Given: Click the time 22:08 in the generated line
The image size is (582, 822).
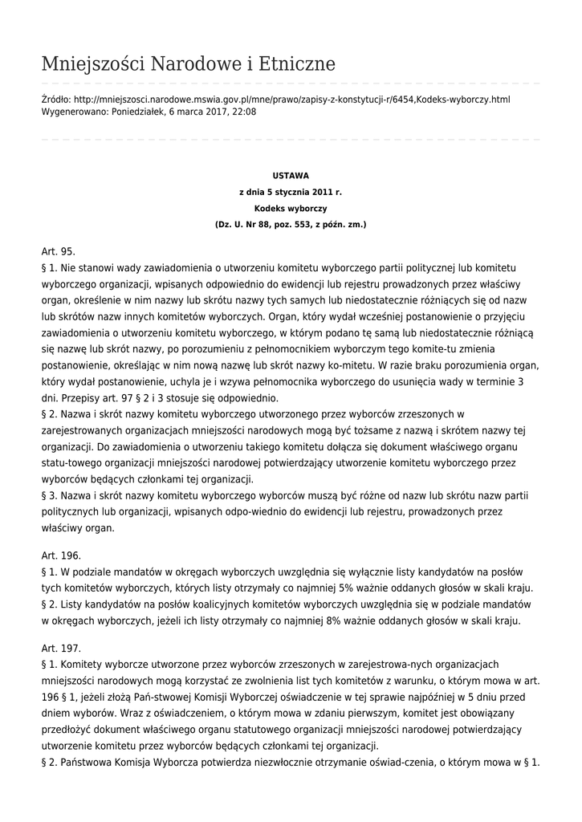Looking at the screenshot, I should [243, 112].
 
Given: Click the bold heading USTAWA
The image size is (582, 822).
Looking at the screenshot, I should [291, 175].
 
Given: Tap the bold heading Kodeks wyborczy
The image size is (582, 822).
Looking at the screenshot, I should [291, 208].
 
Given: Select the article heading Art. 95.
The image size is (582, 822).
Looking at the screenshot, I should [58, 251].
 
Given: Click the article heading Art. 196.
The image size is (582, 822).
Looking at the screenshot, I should [61, 555].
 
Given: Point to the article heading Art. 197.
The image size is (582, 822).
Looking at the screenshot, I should [61, 648].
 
